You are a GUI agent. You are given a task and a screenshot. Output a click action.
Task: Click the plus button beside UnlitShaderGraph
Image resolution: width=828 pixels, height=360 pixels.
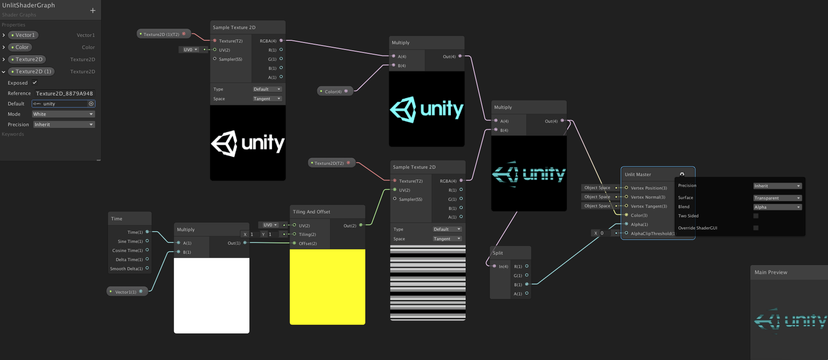93,10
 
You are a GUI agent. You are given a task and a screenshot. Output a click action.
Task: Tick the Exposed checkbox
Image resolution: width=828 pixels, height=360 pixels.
35,82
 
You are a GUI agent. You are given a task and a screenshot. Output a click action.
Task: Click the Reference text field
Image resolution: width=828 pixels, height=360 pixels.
64,93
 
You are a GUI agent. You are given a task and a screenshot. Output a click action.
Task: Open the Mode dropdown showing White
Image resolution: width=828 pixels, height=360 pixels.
63,114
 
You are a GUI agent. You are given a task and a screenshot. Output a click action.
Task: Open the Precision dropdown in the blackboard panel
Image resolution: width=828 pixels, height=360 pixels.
63,124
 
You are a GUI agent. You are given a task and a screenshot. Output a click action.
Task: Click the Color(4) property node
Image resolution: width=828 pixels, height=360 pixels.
333,92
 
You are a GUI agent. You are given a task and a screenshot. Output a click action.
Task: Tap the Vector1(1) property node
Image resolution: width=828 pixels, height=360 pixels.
125,292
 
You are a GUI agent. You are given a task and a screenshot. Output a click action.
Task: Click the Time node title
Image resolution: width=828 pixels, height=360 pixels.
117,219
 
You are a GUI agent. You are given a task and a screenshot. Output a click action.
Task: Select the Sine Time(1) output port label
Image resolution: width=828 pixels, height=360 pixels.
130,242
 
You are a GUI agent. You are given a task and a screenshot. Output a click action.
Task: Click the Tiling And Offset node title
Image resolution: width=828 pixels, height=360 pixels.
312,212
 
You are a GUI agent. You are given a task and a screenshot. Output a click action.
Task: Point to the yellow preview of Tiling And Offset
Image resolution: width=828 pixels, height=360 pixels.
327,287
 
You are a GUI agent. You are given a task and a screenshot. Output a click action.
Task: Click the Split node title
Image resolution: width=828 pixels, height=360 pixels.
498,253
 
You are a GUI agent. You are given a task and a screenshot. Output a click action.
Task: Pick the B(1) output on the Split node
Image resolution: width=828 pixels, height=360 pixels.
527,285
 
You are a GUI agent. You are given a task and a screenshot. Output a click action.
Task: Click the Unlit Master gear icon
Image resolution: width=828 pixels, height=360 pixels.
682,174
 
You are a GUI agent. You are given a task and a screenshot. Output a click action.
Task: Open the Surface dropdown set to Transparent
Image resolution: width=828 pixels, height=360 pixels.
777,198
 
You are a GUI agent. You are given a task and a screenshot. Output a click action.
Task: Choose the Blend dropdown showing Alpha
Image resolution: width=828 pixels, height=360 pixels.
777,207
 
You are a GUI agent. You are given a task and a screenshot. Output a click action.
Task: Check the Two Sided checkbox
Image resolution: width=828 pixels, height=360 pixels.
756,216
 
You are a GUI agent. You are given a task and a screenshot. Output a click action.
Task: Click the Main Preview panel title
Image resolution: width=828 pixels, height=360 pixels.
771,272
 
